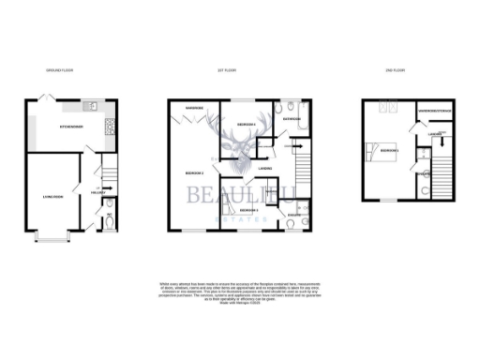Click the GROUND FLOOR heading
[x=58, y=70]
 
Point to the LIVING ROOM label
[x=52, y=198]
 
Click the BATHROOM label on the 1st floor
[x=291, y=120]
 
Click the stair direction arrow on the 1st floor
[x=297, y=146]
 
